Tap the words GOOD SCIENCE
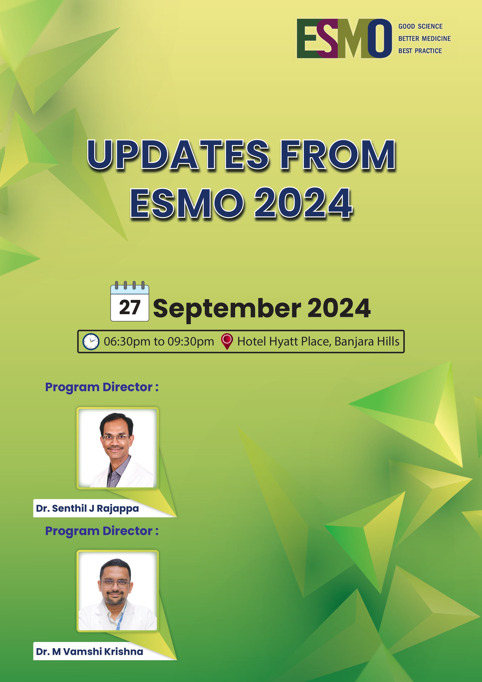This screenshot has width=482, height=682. (x=420, y=26)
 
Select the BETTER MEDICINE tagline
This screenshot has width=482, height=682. (x=424, y=39)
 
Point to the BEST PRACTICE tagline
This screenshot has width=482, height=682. (x=420, y=51)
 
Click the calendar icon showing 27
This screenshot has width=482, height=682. (x=130, y=301)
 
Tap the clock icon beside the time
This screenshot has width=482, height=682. (x=91, y=342)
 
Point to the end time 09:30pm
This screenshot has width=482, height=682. (x=191, y=342)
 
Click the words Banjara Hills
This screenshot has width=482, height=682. (x=367, y=342)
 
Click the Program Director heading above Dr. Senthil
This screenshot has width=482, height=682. (x=102, y=387)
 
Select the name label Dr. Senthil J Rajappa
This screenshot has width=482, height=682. (x=87, y=509)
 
